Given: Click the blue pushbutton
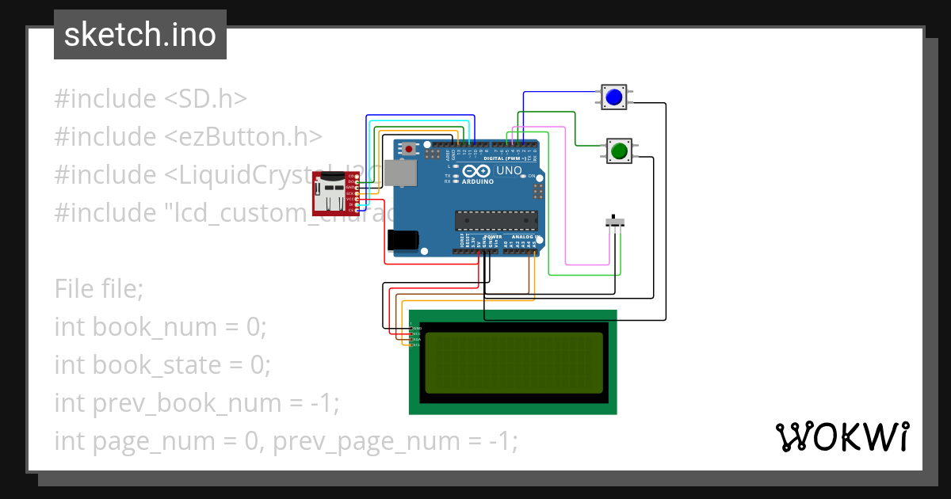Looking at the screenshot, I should (613, 97).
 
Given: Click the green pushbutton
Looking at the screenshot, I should (619, 150).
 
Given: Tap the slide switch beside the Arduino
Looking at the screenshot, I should (614, 223).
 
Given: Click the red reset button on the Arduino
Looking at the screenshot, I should (409, 149).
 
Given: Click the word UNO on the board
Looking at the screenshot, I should (509, 170).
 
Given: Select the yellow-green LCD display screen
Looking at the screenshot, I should (514, 363).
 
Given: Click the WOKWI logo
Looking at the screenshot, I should (842, 437).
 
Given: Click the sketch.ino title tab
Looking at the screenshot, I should (140, 35).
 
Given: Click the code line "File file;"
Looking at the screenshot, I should (99, 289).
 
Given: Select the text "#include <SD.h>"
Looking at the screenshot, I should (151, 99).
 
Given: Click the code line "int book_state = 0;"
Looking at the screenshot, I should (162, 365).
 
